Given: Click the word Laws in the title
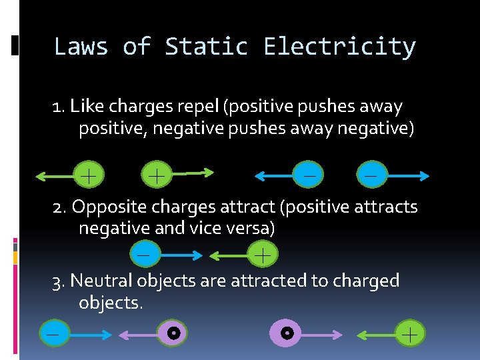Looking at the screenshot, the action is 81,47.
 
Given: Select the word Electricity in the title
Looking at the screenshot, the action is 339,47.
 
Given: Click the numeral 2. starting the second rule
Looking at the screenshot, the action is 61,207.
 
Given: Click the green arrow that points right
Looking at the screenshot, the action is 191,173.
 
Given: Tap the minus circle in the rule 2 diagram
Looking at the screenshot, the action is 143,254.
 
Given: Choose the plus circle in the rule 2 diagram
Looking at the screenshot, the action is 263,254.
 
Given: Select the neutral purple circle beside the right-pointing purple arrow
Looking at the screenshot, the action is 286,332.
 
